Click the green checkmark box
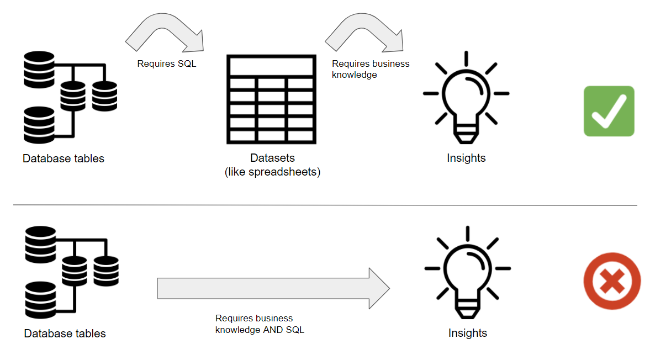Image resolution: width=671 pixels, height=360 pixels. (x=609, y=111)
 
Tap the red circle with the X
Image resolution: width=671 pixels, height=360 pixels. (x=612, y=281)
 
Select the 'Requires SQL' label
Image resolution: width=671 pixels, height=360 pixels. (x=167, y=64)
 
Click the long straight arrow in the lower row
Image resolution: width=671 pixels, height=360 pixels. (x=273, y=288)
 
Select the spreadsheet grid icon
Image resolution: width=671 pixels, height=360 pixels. (x=271, y=99)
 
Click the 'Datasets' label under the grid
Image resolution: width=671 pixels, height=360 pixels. (x=272, y=158)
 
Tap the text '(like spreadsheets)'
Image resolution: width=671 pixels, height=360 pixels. (x=272, y=172)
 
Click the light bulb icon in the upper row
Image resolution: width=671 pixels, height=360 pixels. (x=466, y=97)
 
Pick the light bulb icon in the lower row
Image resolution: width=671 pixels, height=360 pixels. (x=468, y=273)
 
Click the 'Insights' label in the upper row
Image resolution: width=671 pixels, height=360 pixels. (x=466, y=158)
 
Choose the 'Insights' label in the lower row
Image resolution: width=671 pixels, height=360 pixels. (x=468, y=333)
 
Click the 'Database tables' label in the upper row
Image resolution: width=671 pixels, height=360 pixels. (x=63, y=158)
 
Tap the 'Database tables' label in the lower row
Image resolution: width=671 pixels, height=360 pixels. (x=65, y=333)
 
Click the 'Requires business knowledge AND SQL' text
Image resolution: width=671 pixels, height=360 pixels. (x=260, y=324)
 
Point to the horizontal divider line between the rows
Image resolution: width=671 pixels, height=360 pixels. (x=325, y=205)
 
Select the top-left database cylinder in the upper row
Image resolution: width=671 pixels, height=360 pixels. (x=39, y=70)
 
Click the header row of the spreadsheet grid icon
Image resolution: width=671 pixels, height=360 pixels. (x=271, y=66)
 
